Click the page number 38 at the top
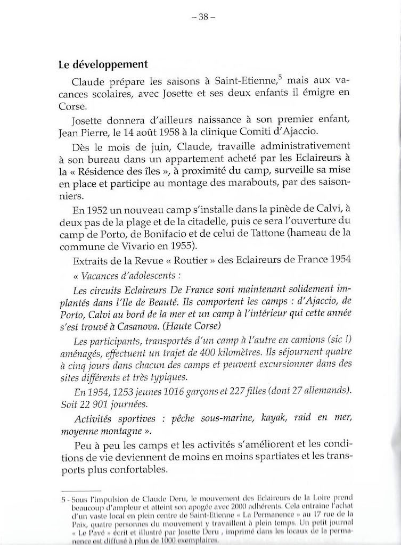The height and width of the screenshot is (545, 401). pos(203,16)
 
